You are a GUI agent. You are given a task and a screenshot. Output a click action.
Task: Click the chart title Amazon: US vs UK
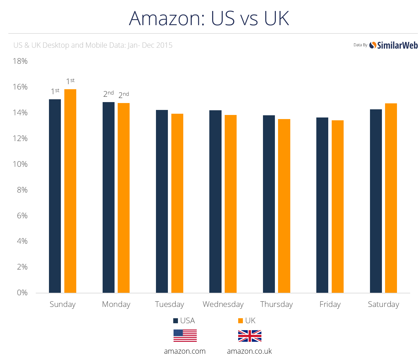point(209,18)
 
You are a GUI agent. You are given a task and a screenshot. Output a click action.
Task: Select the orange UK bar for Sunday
point(70,191)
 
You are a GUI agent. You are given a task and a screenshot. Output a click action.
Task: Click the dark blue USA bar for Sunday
point(55,196)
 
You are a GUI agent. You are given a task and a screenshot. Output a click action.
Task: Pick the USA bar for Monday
point(109,197)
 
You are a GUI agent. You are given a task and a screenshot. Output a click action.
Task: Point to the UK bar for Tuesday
point(177,203)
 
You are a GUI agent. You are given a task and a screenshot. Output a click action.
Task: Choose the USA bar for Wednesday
point(215,201)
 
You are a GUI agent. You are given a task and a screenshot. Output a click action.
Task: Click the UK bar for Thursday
point(284,206)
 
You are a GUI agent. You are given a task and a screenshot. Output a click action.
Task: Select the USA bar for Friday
point(322,205)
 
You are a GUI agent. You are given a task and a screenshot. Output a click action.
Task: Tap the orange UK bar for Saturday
point(391,198)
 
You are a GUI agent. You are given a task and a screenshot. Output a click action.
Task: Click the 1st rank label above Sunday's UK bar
point(70,81)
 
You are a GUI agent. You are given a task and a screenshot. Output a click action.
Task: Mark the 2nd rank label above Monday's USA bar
point(109,94)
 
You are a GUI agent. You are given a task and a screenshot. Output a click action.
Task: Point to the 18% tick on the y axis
point(20,61)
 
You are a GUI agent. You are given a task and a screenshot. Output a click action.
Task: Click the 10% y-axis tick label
point(20,164)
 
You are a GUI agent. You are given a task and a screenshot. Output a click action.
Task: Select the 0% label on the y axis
point(22,293)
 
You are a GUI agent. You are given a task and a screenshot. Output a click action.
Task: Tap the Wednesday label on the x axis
point(223,304)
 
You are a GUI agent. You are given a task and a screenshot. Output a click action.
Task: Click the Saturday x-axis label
point(383,304)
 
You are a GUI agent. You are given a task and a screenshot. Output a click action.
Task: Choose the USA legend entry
point(184,321)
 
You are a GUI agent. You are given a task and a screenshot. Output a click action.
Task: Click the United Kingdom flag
point(250,336)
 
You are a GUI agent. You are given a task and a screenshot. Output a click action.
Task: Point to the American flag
point(185,336)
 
